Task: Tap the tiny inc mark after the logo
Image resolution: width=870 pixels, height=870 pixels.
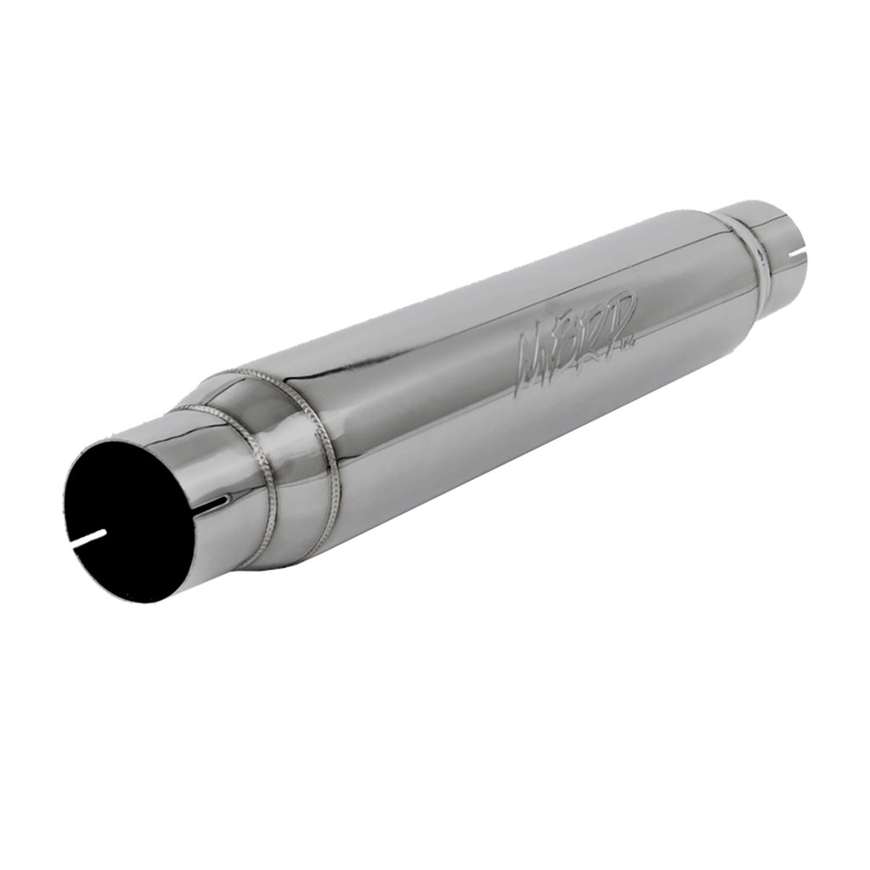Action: click(631, 342)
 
